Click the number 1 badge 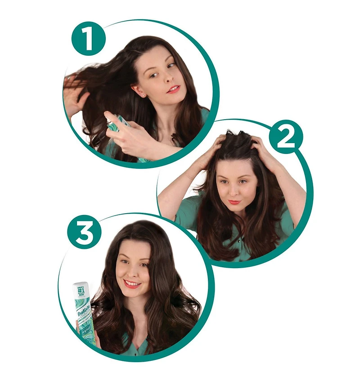pyautogui.click(x=88, y=39)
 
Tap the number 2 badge pyautogui.click(x=285, y=136)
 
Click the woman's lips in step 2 pyautogui.click(x=234, y=202)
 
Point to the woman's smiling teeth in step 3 pyautogui.click(x=132, y=284)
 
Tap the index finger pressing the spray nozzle pyautogui.click(x=112, y=120)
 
